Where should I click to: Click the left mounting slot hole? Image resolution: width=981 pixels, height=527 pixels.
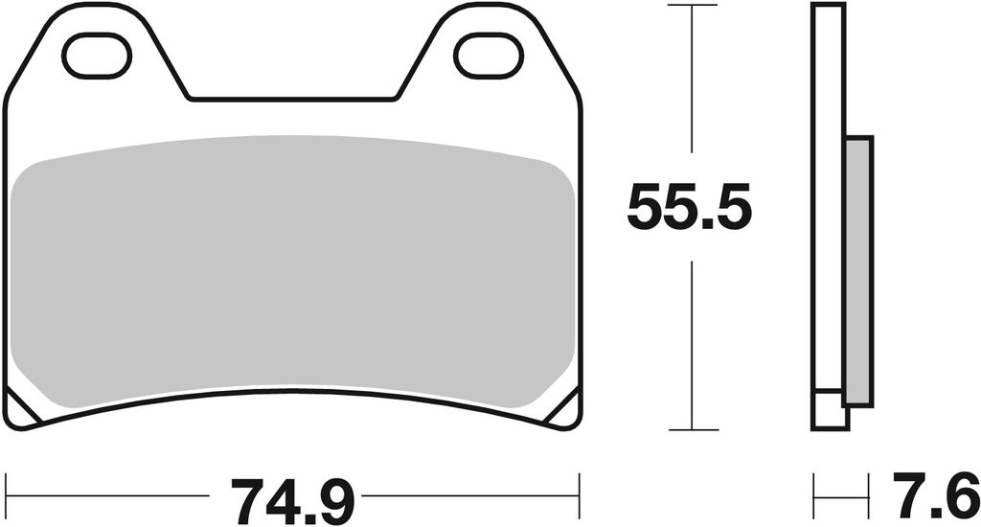(97, 57)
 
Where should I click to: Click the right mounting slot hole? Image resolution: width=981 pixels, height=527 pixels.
(488, 57)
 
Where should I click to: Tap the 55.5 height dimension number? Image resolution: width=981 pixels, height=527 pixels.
(689, 208)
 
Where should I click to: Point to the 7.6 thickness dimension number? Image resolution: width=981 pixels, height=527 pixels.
(936, 493)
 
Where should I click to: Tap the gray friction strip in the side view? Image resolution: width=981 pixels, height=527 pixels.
(859, 271)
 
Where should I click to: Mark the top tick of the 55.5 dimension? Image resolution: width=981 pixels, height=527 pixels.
(693, 5)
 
